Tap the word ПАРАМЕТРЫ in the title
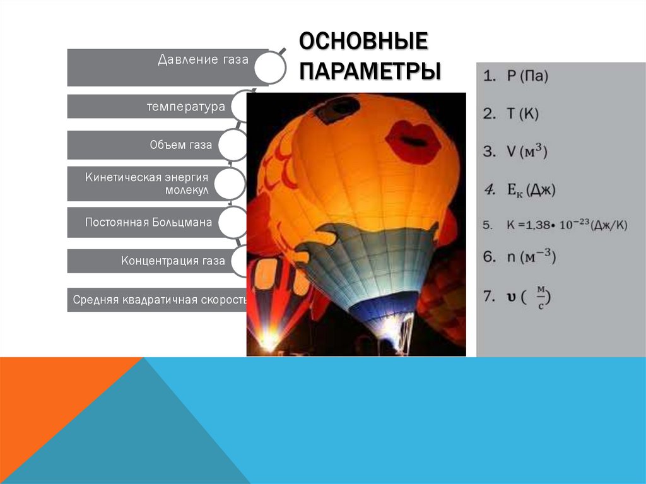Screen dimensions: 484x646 click(x=370, y=70)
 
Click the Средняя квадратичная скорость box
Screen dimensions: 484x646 click(x=157, y=299)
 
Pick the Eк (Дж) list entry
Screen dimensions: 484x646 click(x=519, y=188)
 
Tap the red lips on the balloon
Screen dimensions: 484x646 click(x=413, y=142)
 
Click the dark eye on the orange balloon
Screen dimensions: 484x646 click(x=338, y=109)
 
